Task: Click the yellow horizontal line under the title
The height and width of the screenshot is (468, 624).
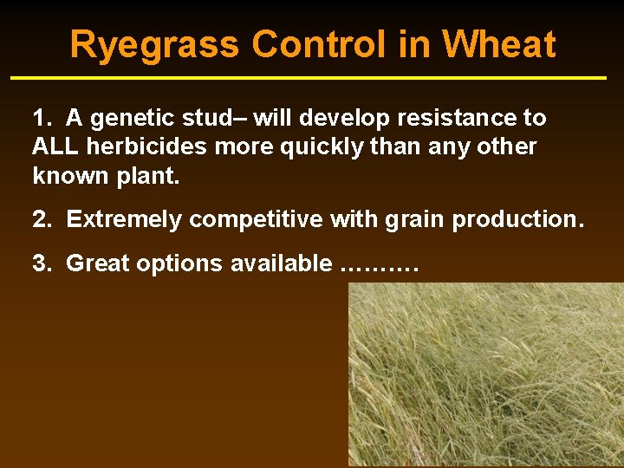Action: click(309, 78)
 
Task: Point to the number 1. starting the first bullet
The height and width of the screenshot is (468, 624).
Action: click(42, 118)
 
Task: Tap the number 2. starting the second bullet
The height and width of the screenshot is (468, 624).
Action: click(42, 219)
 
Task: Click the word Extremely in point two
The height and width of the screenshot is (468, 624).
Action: click(125, 219)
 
